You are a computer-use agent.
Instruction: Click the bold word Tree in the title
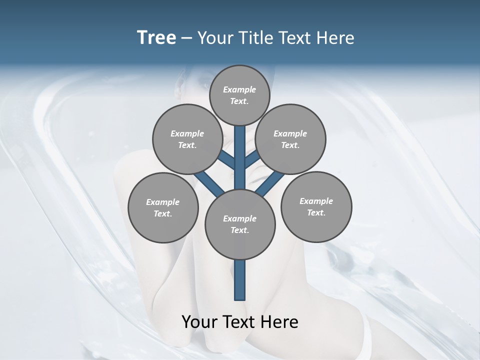[x=156, y=38]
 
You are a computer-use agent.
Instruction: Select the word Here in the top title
[x=335, y=38]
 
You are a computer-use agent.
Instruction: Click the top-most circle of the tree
[x=239, y=95]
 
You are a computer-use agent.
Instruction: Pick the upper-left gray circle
[x=187, y=139]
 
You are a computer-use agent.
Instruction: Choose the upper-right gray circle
[x=290, y=139]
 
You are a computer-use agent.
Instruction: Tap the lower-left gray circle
[x=163, y=207]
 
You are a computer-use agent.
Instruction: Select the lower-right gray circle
[x=316, y=206]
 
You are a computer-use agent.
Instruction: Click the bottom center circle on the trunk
[x=240, y=224]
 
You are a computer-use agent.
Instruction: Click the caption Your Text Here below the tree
[x=240, y=322]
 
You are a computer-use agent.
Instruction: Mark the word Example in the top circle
[x=239, y=89]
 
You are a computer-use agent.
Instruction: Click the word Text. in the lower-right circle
[x=316, y=212]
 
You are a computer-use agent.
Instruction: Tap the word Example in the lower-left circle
[x=163, y=202]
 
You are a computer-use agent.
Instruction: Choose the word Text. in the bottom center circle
[x=239, y=230]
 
